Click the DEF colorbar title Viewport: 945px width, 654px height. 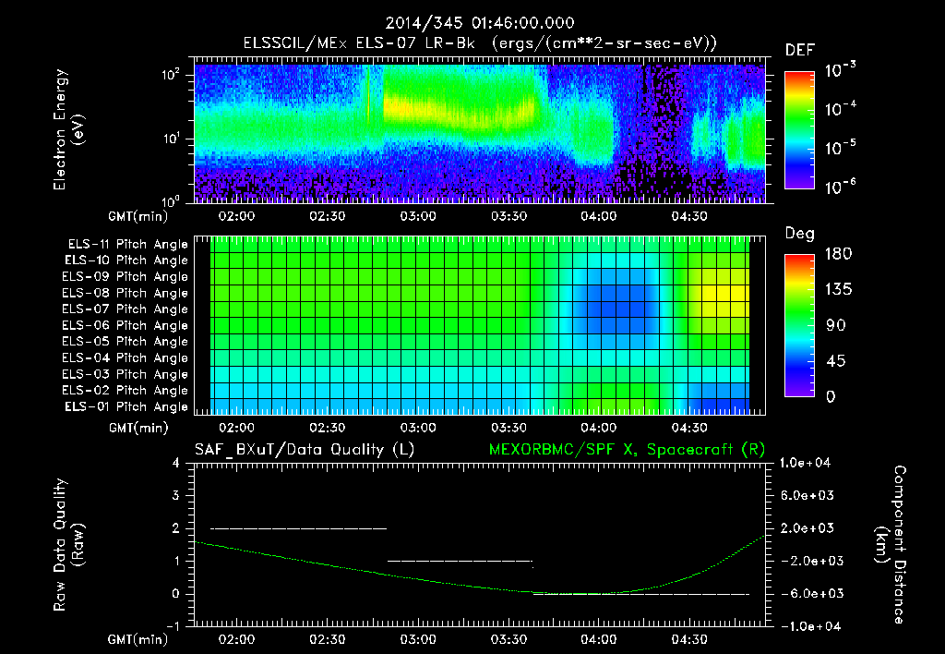pos(798,51)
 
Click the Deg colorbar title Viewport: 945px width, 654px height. pos(798,235)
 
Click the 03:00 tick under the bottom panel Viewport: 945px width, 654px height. pos(418,639)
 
